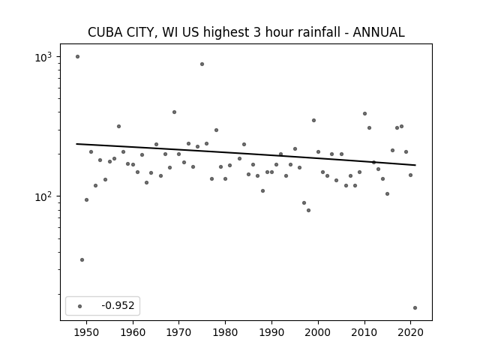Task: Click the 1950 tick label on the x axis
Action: [87, 333]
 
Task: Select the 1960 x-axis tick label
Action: [133, 333]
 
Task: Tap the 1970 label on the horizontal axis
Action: [178, 333]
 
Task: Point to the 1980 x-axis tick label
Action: [225, 333]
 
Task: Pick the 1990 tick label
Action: [271, 333]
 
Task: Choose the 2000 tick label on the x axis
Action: [318, 333]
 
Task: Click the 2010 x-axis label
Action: [364, 333]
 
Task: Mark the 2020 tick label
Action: [410, 333]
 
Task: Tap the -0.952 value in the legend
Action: [118, 305]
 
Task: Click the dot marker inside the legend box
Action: [80, 306]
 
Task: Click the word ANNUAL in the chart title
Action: [379, 32]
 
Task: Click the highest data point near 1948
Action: [77, 57]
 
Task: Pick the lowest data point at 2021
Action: [415, 308]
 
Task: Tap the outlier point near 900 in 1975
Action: [202, 64]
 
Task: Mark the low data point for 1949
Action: [82, 260]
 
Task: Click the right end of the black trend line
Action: [415, 165]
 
